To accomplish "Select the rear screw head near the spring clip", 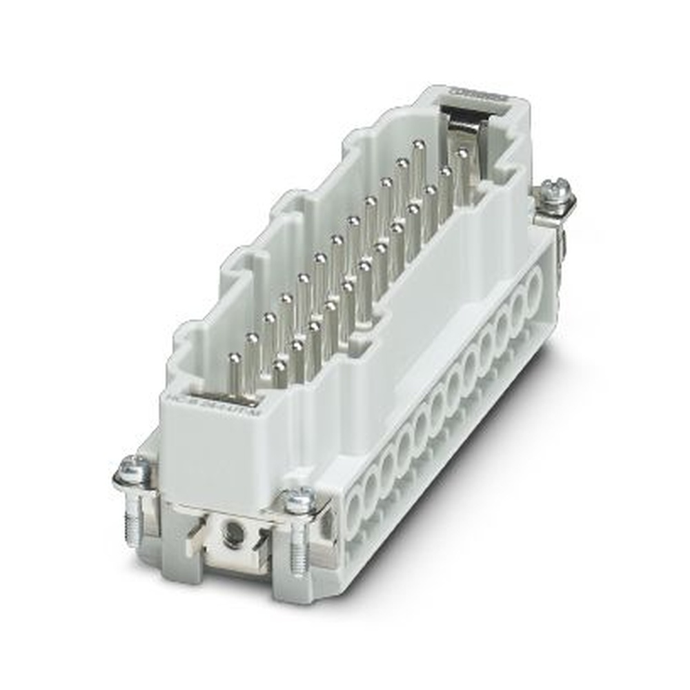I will [557, 190].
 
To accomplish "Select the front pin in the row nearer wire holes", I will [279, 362].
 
